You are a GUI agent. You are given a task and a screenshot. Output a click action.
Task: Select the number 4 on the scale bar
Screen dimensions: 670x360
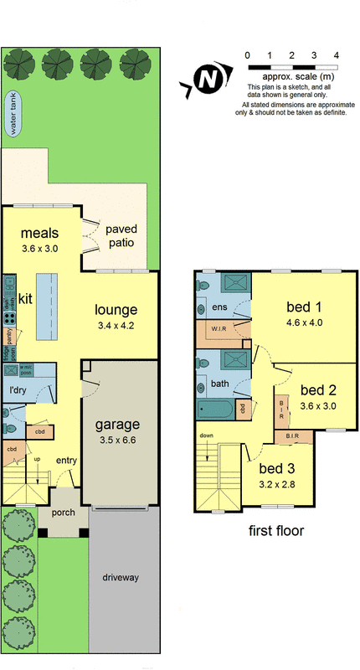[336, 55]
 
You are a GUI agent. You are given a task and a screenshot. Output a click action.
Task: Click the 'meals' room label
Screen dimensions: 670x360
[39, 232]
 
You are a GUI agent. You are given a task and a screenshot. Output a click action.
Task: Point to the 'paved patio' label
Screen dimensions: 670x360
[121, 235]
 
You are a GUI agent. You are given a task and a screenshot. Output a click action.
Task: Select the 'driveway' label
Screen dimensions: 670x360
[122, 578]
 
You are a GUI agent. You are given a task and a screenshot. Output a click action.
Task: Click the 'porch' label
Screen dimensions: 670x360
[63, 513]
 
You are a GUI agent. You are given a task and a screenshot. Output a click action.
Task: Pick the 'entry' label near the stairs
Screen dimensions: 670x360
[66, 461]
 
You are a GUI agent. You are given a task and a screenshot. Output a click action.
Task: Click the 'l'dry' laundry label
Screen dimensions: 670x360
[18, 390]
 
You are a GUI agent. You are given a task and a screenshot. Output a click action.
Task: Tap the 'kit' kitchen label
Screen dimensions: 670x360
[26, 297]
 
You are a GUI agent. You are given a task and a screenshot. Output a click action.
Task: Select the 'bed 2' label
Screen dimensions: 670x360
[318, 389]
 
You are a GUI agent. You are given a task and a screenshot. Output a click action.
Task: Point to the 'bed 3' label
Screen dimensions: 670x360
[276, 468]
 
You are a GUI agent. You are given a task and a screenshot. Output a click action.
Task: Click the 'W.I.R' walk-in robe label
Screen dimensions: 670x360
[221, 327]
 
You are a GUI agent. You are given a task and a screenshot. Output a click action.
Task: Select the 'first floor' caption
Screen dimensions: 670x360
[276, 530]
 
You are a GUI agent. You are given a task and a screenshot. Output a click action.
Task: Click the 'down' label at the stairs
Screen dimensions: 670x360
[206, 435]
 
